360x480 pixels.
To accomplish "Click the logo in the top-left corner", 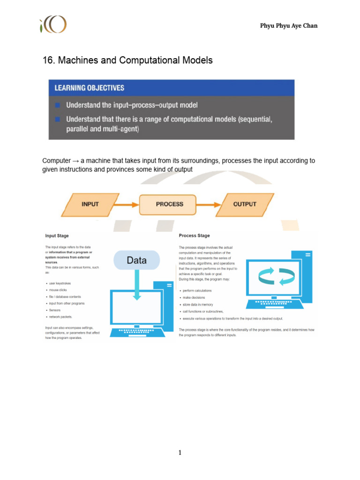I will pyautogui.click(x=53, y=24).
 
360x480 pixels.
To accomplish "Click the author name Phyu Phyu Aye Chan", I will pyautogui.click(x=289, y=26).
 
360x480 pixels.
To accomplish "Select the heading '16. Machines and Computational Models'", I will pyautogui.click(x=127, y=60).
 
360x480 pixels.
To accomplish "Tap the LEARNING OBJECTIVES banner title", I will pyautogui.click(x=90, y=88).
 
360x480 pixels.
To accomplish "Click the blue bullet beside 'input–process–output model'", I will pyautogui.click(x=57, y=105).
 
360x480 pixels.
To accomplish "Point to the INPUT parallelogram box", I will pyautogui.click(x=90, y=204).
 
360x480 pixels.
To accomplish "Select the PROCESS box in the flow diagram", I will pyautogui.click(x=169, y=204).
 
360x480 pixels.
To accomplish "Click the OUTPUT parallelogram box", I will pyautogui.click(x=245, y=204).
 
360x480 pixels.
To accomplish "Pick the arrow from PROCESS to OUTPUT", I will pyautogui.click(x=209, y=204).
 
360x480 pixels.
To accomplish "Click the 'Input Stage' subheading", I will pyautogui.click(x=57, y=236).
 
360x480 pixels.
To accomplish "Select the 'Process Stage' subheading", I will pyautogui.click(x=194, y=236).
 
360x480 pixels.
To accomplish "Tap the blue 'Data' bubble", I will pyautogui.click(x=136, y=260).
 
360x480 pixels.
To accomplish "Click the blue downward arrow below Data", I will pyautogui.click(x=136, y=286).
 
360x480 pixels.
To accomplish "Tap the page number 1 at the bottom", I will pyautogui.click(x=180, y=452).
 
